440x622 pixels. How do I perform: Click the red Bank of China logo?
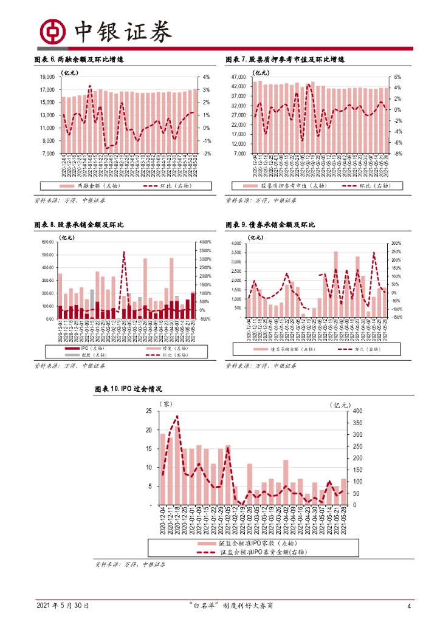click(52, 31)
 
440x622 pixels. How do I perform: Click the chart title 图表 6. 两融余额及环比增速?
click(79, 60)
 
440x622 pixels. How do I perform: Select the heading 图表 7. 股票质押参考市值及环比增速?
click(285, 60)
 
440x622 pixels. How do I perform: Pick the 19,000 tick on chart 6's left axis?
click(47, 77)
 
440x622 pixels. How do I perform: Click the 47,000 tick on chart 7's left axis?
click(236, 77)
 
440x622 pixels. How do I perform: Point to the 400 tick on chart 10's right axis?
click(357, 411)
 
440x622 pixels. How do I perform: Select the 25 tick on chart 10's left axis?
click(148, 411)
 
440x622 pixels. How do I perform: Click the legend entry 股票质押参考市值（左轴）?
click(283, 186)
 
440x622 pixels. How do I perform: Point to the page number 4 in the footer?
click(409, 606)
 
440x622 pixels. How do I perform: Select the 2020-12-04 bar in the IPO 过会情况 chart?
click(163, 469)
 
